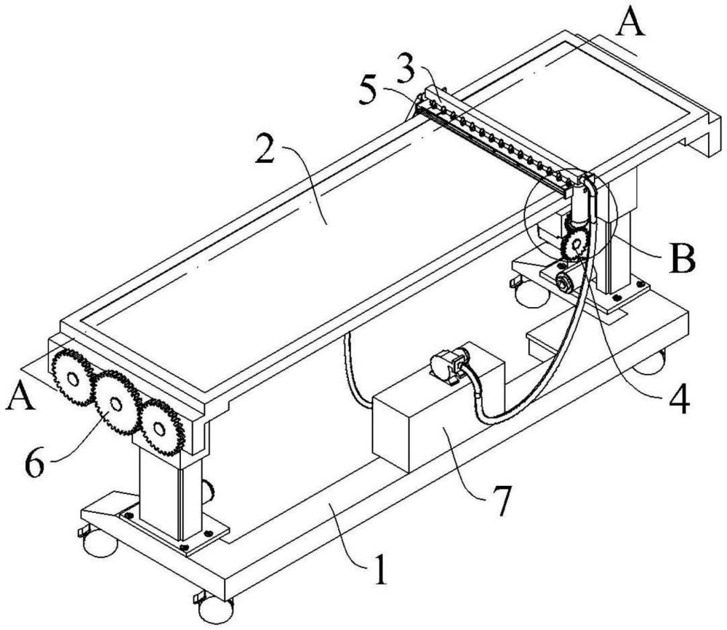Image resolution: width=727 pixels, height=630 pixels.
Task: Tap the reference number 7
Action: [x=501, y=501]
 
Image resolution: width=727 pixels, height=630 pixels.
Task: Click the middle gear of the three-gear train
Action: [x=117, y=402]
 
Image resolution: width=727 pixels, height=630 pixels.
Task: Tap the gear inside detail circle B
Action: [x=576, y=244]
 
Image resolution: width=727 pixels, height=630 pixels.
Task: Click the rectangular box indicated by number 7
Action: [x=438, y=408]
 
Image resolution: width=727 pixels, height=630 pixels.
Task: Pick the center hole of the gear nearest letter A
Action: [x=73, y=380]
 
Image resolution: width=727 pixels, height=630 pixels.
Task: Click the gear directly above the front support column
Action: [x=161, y=427]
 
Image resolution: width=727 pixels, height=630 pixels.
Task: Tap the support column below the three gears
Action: [x=170, y=494]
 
